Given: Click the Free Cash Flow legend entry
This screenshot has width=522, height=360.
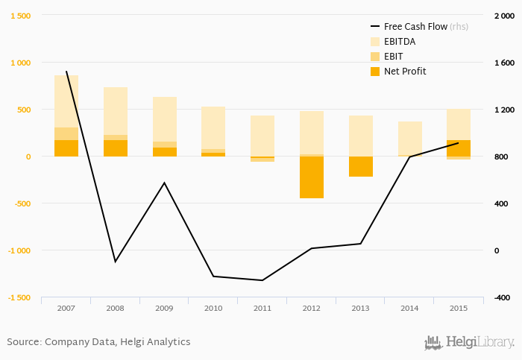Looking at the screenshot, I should (x=415, y=26).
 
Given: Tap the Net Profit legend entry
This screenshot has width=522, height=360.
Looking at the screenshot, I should (x=405, y=71).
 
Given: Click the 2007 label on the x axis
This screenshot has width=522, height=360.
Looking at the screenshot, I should (x=66, y=307).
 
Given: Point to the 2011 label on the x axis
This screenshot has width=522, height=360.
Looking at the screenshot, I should (x=262, y=307).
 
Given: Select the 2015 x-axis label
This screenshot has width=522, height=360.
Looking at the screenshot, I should (x=459, y=307).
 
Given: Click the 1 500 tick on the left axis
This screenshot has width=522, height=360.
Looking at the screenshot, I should (x=19, y=16).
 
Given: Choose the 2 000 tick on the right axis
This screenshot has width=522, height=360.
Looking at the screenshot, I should (x=503, y=16).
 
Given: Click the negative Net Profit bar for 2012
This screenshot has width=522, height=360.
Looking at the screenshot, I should (x=312, y=177).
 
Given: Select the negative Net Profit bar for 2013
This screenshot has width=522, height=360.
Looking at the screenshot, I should (x=361, y=166).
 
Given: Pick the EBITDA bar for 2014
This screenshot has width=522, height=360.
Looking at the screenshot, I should (x=409, y=139).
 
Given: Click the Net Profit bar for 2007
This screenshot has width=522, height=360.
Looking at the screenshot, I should (x=66, y=148).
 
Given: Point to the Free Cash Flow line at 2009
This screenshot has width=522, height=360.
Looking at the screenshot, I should (x=164, y=183).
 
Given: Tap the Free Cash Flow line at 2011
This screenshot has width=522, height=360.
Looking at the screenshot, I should (x=262, y=280).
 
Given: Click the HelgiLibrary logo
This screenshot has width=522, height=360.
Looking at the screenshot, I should (x=469, y=343).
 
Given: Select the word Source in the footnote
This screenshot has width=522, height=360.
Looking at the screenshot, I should (x=23, y=341).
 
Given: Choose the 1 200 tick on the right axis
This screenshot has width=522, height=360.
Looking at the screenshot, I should (x=503, y=110).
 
